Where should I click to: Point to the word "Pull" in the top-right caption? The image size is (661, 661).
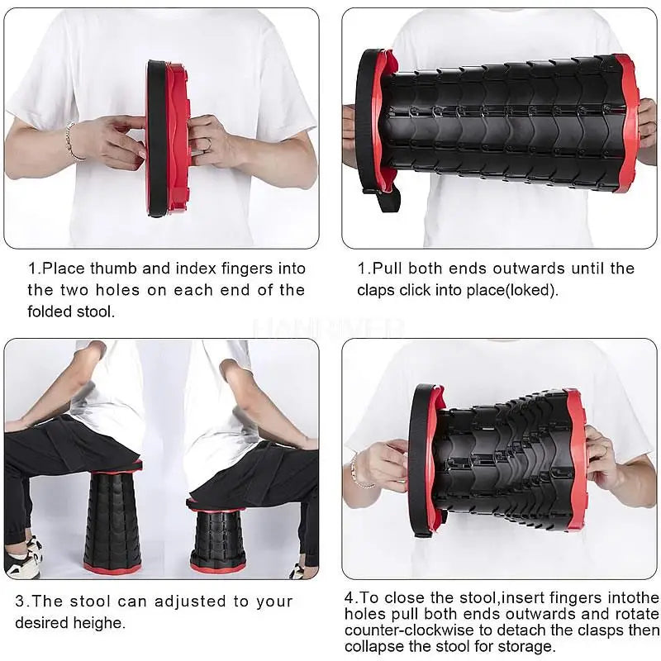pyautogui.click(x=388, y=269)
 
